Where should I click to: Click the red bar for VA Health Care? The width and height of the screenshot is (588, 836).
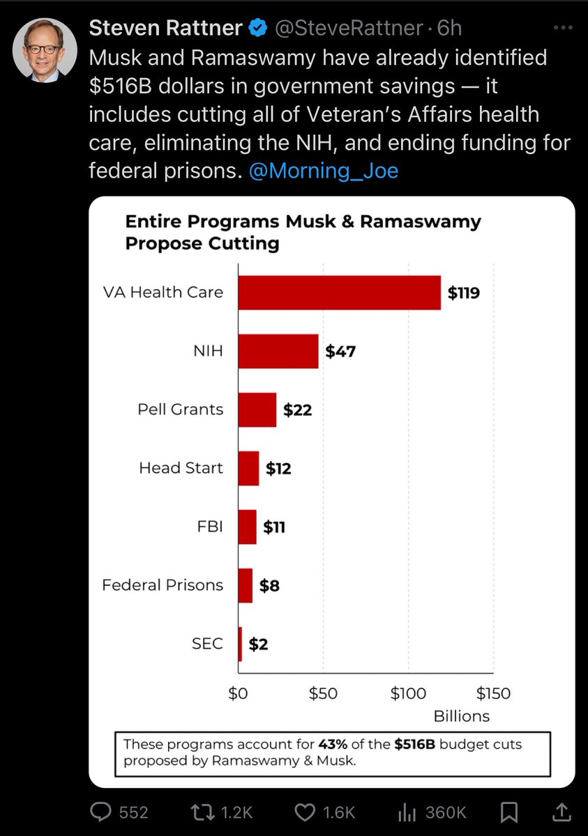pos(339,293)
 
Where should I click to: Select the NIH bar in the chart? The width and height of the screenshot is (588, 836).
pos(278,351)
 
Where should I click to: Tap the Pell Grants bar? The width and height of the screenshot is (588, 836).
pos(257,410)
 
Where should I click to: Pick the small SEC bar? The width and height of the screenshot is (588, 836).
pos(240,644)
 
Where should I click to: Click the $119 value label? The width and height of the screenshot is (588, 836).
pos(463,293)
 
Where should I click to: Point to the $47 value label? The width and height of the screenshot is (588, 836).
pos(340,351)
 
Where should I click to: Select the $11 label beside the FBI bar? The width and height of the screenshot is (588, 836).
pos(273,527)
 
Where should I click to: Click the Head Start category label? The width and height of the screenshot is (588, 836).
pos(181,468)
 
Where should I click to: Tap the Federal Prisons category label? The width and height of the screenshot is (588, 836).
pos(163,585)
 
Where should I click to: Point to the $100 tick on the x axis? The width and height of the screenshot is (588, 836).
pos(408,694)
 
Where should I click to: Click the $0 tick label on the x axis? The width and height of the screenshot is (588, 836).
pos(238,694)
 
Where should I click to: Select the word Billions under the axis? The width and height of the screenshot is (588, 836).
pos(462,716)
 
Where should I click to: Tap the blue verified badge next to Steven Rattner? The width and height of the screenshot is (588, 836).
pos(258,29)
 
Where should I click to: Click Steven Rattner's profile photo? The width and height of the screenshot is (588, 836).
pos(45,50)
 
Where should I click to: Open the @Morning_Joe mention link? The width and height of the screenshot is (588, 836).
pos(324,171)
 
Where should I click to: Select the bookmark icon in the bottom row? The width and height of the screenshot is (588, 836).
pos(509,812)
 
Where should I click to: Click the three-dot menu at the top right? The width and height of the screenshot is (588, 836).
pos(562,29)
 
